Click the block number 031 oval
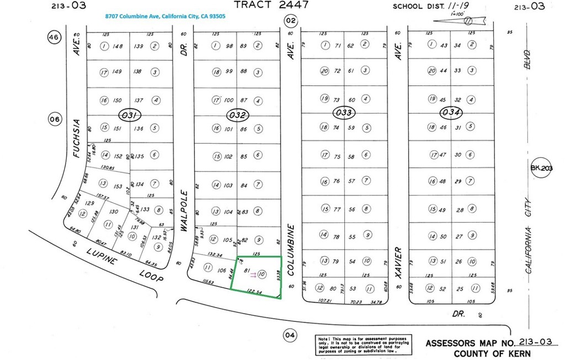[130, 115]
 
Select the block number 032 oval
[238, 115]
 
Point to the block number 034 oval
[451, 113]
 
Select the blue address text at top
[166, 17]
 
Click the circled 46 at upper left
[54, 38]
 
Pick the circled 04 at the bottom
[289, 335]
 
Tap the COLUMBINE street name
[291, 249]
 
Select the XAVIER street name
[398, 264]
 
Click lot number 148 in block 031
[117, 46]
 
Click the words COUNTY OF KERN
[492, 353]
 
